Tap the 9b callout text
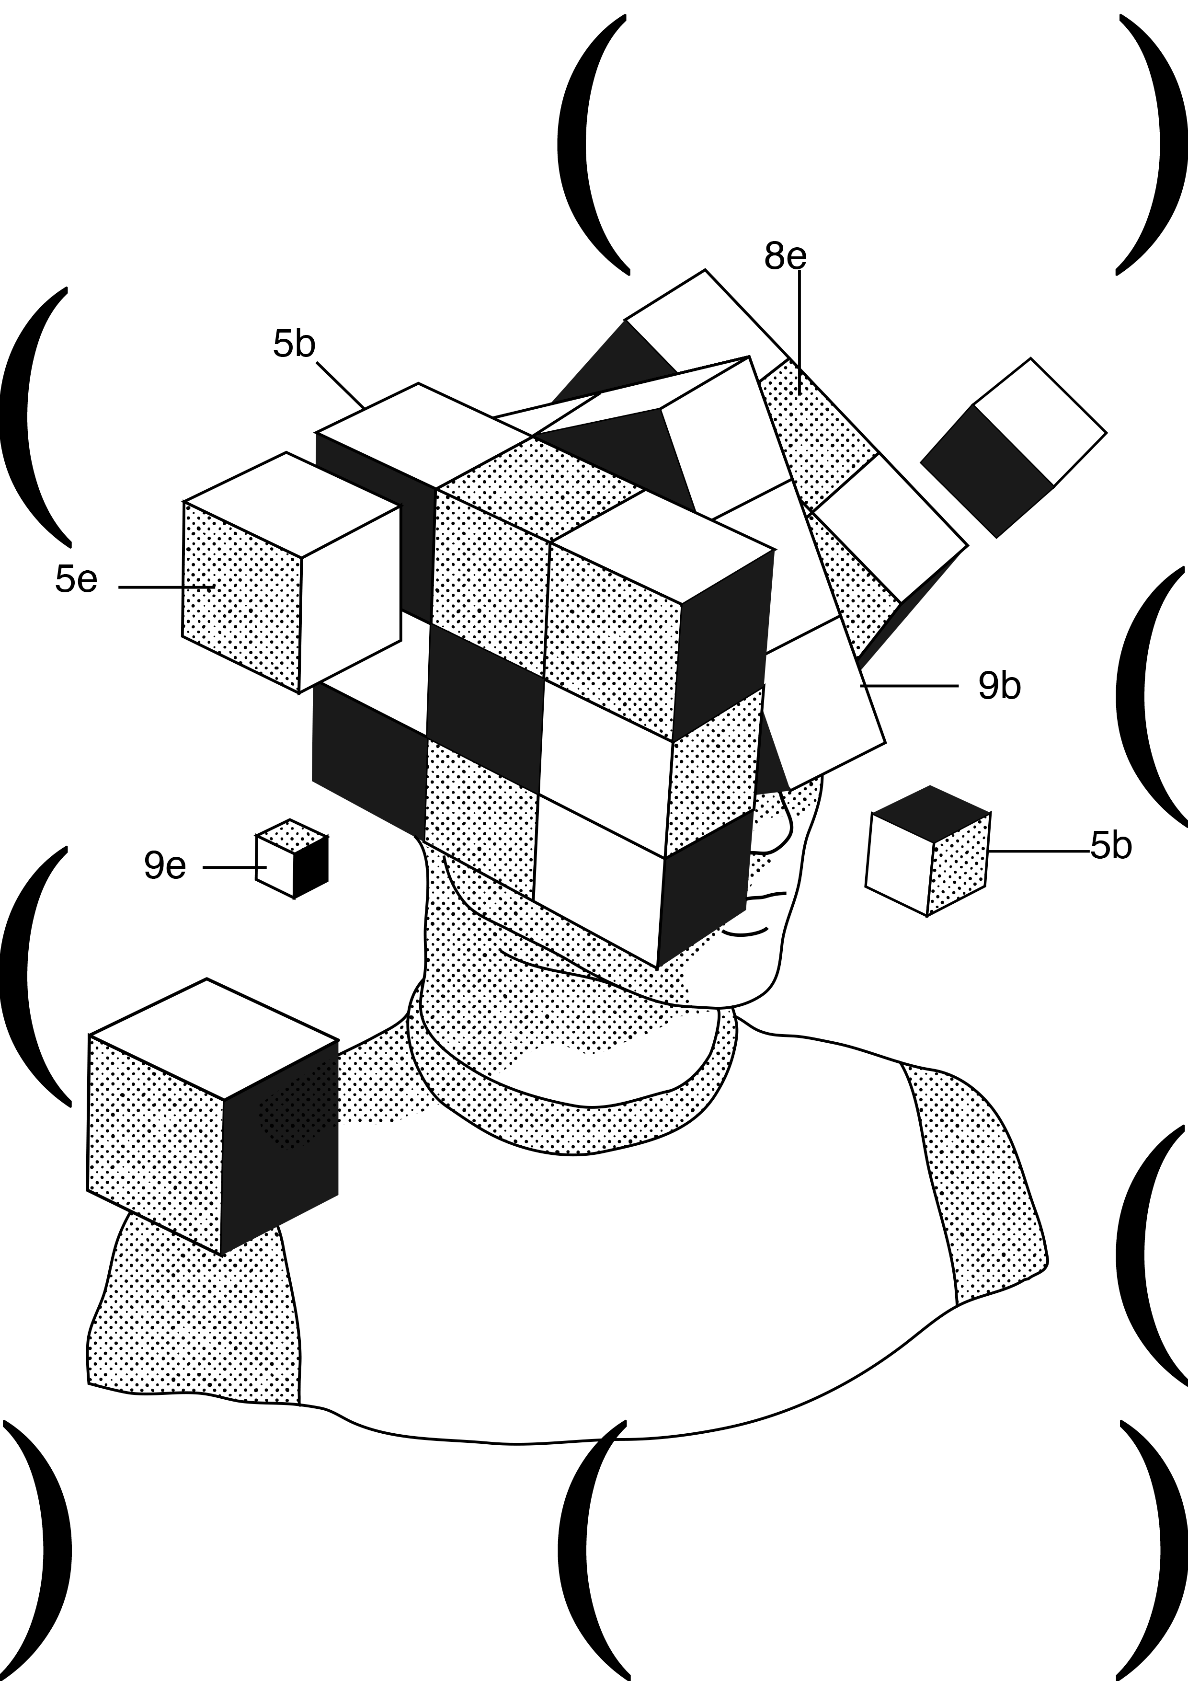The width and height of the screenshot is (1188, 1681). pyautogui.click(x=999, y=686)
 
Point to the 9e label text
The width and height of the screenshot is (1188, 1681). pyautogui.click(x=165, y=865)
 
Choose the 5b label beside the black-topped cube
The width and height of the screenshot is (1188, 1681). pyautogui.click(x=1110, y=846)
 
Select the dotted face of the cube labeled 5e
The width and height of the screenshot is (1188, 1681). pyautogui.click(x=240, y=597)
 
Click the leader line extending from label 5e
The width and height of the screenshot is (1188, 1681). pyautogui.click(x=165, y=587)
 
